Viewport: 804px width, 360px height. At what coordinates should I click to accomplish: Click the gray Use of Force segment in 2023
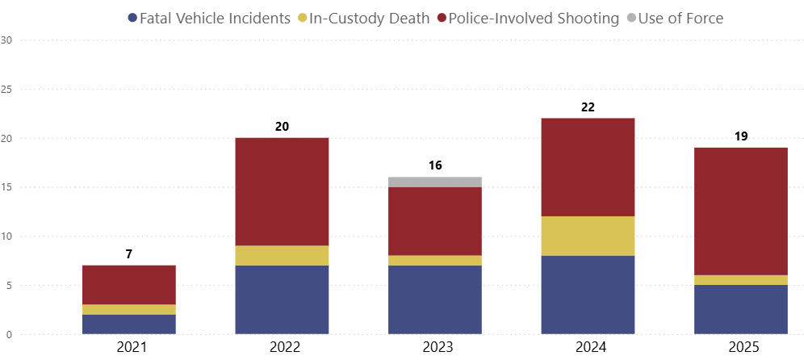tap(435, 182)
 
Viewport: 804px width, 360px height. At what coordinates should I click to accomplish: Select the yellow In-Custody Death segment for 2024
tap(588, 236)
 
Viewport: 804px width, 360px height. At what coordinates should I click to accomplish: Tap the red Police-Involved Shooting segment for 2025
tap(741, 211)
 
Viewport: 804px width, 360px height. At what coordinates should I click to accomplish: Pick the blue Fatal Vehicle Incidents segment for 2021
tap(129, 324)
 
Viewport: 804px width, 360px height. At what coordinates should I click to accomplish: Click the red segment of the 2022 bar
tap(282, 192)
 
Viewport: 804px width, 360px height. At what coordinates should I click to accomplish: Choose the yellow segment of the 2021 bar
tap(129, 309)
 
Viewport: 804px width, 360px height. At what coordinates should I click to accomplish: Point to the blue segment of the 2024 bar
tap(588, 295)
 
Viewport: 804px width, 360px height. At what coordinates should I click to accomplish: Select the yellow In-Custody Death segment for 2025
tap(741, 280)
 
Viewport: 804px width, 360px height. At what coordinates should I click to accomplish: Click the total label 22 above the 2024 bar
tap(588, 107)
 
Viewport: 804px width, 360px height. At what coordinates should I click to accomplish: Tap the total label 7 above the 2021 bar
tap(129, 254)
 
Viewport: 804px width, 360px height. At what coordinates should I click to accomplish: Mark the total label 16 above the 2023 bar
tap(435, 165)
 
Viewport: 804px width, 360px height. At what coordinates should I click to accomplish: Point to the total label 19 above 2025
tap(741, 136)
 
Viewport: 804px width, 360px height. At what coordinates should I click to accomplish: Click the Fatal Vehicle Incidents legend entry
tap(208, 18)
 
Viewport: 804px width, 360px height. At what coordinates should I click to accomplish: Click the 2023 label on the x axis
tap(435, 348)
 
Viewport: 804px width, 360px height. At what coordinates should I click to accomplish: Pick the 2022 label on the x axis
tap(282, 348)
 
